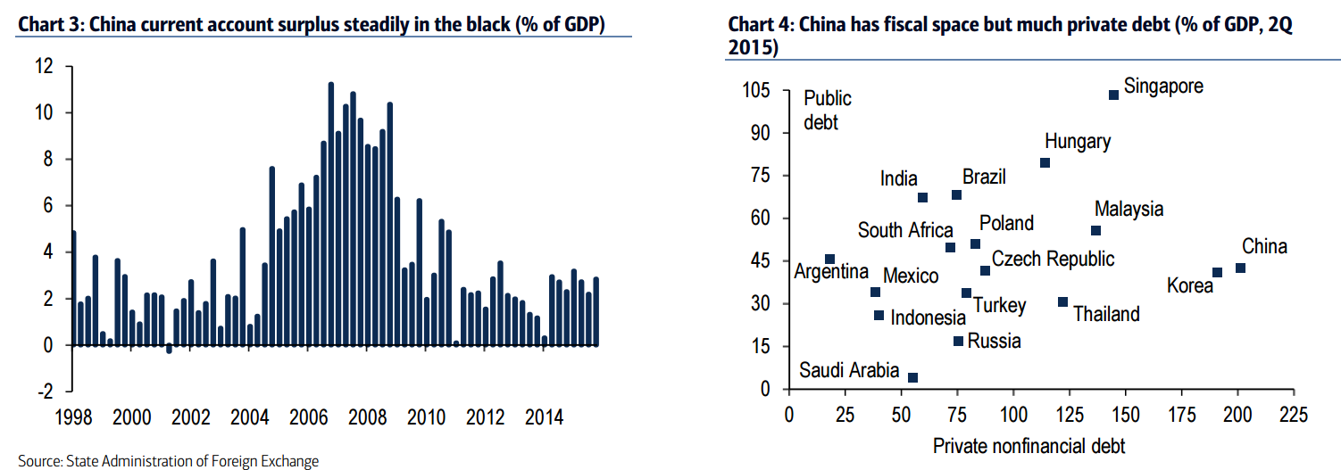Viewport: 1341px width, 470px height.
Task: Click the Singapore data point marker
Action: pyautogui.click(x=1113, y=95)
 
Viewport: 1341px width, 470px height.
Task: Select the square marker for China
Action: pyautogui.click(x=1240, y=268)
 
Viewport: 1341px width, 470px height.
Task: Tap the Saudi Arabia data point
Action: pyautogui.click(x=912, y=377)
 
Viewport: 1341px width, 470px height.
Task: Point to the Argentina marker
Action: pyautogui.click(x=829, y=260)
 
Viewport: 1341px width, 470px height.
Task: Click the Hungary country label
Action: pyautogui.click(x=1078, y=142)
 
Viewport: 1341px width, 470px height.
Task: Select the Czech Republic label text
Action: pyautogui.click(x=1054, y=259)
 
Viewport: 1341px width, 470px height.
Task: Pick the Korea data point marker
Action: pyautogui.click(x=1217, y=273)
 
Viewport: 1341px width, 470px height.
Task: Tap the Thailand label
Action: pyautogui.click(x=1106, y=314)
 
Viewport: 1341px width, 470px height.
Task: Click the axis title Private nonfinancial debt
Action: pyautogui.click(x=1029, y=445)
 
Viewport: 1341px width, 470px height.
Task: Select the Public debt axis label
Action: pyautogui.click(x=828, y=110)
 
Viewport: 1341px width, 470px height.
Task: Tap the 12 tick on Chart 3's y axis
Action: pyautogui.click(x=44, y=67)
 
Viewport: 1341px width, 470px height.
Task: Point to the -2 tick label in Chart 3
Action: pyautogui.click(x=42, y=392)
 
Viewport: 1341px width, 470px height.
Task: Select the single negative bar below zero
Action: pyautogui.click(x=169, y=350)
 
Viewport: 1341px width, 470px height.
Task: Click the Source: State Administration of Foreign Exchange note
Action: pyautogui.click(x=168, y=461)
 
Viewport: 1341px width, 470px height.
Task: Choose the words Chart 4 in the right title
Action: pyautogui.click(x=760, y=25)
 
